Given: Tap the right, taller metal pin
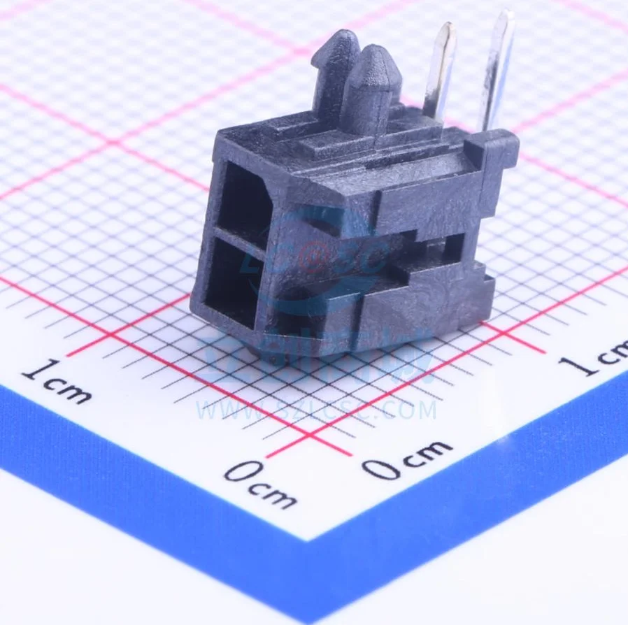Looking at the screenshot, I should pos(497,70).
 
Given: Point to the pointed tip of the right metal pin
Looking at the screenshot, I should pos(504,14).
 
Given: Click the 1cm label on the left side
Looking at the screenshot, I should pos(56,381).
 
